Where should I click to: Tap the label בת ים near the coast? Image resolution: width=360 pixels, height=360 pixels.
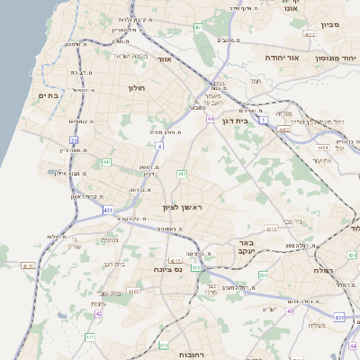48,94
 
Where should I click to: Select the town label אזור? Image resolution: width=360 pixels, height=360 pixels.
164,59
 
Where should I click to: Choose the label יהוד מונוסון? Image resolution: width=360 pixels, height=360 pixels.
334,58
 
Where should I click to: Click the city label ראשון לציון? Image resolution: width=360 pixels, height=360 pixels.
184,208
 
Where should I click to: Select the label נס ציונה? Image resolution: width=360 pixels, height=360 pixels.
167,269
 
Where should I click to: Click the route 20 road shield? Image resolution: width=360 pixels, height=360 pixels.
74,140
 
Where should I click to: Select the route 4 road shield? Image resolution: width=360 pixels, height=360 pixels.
159,145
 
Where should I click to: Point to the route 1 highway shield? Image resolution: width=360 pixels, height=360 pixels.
264,119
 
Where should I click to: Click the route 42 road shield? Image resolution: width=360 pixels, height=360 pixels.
98,313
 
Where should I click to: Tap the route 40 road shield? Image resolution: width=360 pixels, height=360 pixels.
290,310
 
